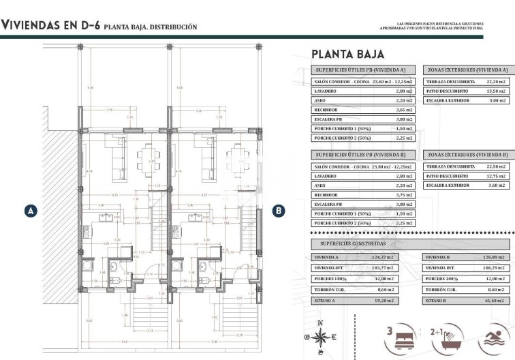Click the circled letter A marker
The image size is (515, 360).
29,211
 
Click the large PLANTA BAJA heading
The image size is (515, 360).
347,54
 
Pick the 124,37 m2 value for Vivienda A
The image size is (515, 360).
403,257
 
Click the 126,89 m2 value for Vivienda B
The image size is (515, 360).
496,257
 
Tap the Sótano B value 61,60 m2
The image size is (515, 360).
497,300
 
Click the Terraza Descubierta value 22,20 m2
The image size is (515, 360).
497,81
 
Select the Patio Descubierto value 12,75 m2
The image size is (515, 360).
497,176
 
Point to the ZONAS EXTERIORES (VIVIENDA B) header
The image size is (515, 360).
467,155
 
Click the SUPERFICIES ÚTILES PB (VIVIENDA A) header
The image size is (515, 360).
360,70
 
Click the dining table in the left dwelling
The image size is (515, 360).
149,157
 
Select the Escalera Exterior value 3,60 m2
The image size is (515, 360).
497,185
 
